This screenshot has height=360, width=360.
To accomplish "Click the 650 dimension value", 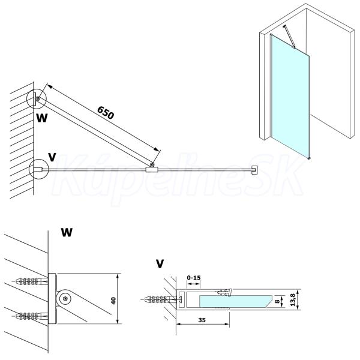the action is [x=106, y=113].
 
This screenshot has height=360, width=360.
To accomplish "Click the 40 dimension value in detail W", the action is [x=113, y=301].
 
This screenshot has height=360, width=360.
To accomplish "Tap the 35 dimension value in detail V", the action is [x=202, y=320].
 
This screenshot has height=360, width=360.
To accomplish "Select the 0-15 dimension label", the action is [x=194, y=278].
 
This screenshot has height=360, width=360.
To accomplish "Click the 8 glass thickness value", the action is [x=277, y=301].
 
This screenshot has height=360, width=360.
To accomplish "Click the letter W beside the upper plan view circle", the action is [x=42, y=118].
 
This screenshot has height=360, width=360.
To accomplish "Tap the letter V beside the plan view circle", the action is [x=52, y=157].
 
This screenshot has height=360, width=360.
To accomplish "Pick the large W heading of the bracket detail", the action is [x=67, y=232].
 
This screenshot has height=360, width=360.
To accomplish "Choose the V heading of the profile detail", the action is [x=160, y=264].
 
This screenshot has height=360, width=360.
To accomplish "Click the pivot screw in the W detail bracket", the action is [x=65, y=299].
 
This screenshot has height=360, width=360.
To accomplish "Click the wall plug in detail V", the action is [x=161, y=299].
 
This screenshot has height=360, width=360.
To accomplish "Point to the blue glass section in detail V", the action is [x=235, y=301].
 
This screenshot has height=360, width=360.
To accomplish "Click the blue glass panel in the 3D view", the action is [x=290, y=97].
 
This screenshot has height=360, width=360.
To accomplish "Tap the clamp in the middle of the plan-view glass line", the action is [x=152, y=170].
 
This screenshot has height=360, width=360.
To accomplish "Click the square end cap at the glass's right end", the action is [x=254, y=170].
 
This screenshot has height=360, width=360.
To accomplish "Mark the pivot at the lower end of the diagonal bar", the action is [x=152, y=164].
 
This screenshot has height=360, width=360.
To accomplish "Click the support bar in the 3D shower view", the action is [x=289, y=36].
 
